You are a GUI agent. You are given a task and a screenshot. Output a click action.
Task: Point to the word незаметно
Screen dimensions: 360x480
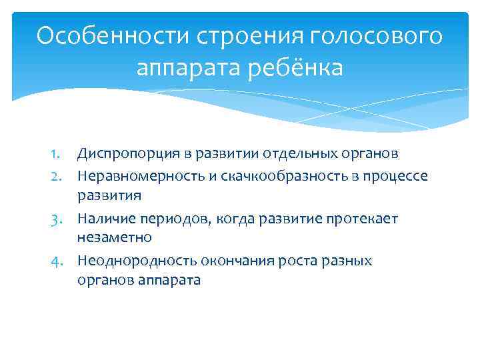pos(115,237)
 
